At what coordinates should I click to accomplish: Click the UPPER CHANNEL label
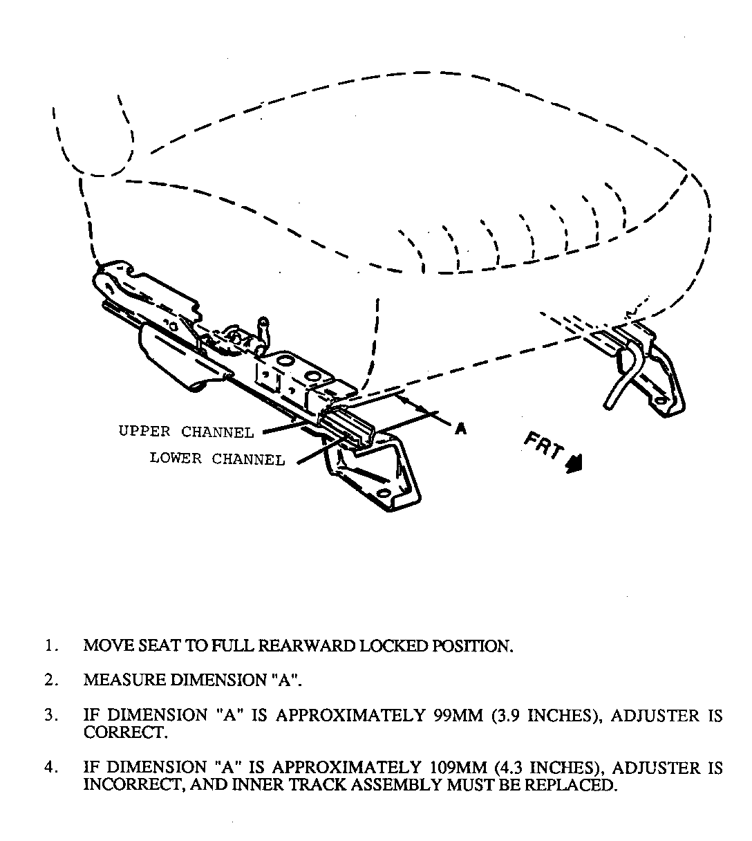tap(186, 432)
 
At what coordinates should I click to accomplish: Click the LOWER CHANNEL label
tap(217, 459)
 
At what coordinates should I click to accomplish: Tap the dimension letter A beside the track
tap(461, 429)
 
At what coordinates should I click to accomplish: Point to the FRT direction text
tap(545, 448)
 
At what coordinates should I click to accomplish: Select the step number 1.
tap(49, 646)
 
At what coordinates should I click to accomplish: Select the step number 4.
tap(49, 768)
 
